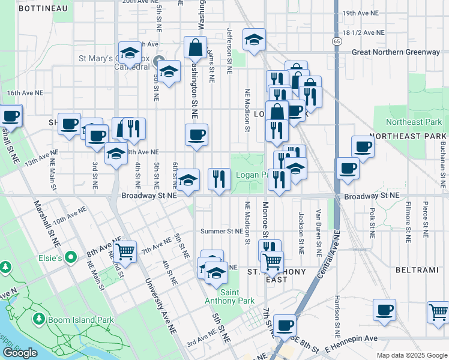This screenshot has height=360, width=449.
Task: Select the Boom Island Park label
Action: [83, 320]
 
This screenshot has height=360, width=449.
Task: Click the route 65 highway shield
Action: [337, 41]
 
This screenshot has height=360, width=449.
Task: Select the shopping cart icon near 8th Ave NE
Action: [124, 251]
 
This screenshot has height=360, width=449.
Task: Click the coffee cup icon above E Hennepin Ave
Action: [384, 310]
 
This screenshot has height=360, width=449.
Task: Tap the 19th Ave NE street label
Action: [360, 13]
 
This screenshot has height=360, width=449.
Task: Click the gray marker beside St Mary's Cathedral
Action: [160, 61]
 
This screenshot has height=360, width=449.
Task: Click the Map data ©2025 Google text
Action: [411, 355]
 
